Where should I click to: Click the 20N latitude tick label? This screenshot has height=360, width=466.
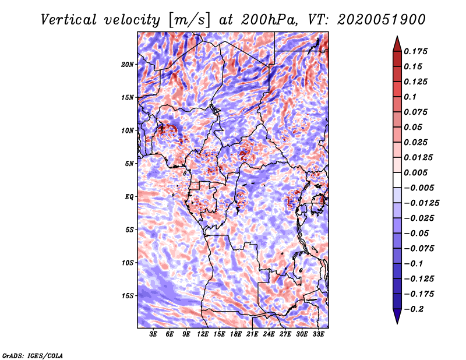click(x=128, y=64)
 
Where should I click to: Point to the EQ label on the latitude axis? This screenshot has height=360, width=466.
click(x=129, y=197)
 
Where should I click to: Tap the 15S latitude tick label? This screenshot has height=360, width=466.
click(x=128, y=296)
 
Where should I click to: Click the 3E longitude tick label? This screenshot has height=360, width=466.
click(x=154, y=335)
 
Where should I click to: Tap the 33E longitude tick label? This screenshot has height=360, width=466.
click(x=319, y=335)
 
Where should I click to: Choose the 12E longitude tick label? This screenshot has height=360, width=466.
click(x=203, y=335)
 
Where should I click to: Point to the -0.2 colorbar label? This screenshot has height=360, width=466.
click(x=415, y=309)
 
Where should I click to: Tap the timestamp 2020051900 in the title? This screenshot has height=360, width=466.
click(x=380, y=19)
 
